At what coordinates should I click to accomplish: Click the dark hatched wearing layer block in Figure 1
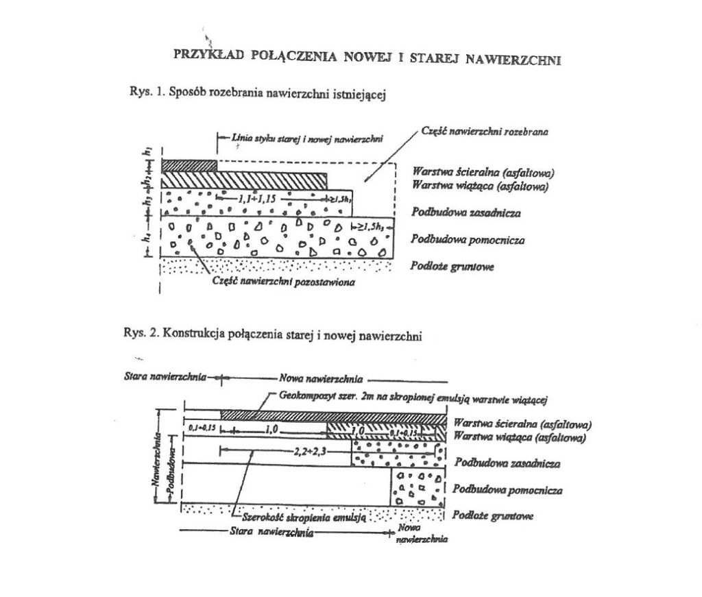[189, 165]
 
